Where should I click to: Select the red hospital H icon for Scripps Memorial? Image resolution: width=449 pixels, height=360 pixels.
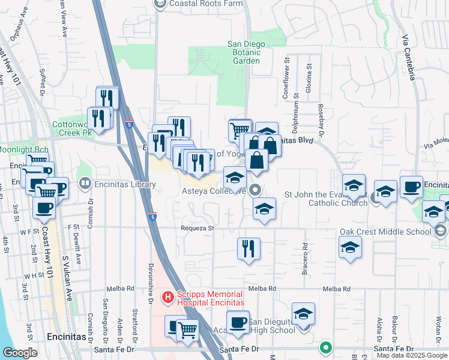click(x=168, y=296)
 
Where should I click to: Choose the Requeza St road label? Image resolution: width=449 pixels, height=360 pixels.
click(x=197, y=229)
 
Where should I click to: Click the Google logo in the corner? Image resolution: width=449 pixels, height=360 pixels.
click(x=20, y=353)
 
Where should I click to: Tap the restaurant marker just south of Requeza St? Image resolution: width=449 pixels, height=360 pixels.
click(x=249, y=248)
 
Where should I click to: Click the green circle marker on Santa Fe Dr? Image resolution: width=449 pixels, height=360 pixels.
click(x=326, y=347)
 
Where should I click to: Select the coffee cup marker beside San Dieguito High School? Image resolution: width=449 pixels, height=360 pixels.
click(x=238, y=324)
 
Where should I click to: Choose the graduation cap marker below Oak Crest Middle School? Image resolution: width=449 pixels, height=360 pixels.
click(x=351, y=247)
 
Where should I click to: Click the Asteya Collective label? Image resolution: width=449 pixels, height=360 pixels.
click(x=214, y=191)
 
